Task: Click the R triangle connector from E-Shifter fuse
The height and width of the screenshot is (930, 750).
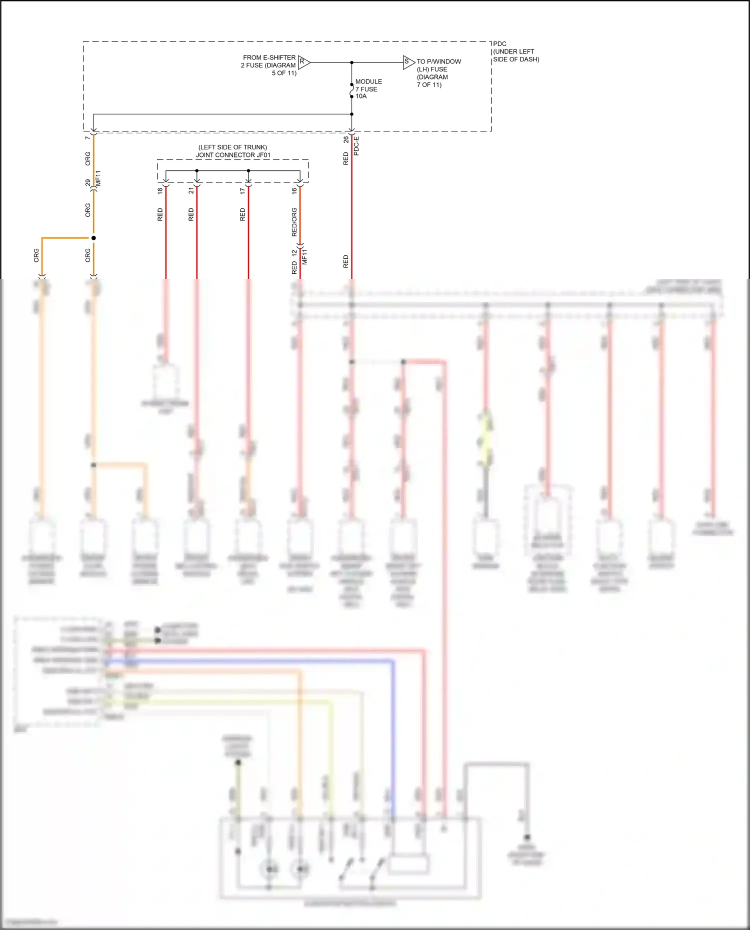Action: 303,62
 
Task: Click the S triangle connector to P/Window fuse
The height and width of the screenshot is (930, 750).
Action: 408,62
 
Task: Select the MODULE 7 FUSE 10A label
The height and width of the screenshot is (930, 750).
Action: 368,88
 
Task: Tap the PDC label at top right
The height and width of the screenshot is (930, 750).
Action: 499,44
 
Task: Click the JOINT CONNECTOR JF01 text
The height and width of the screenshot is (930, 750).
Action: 233,155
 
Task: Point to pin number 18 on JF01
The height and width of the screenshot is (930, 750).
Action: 160,190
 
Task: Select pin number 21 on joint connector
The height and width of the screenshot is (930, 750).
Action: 191,190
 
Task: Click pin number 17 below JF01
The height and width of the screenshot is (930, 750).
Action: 242,190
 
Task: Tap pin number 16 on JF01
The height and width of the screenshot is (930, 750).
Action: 294,190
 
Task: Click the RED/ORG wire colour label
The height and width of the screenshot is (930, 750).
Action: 294,222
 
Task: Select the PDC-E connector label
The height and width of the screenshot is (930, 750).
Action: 356,145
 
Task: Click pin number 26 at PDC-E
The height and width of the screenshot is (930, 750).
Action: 346,139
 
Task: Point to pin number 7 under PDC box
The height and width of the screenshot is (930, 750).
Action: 87,137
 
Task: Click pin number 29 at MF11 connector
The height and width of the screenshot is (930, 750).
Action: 88,182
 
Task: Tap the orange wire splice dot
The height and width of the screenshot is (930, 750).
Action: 93,238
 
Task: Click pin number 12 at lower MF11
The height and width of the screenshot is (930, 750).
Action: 294,253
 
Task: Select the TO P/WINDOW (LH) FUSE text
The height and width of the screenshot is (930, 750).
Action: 438,73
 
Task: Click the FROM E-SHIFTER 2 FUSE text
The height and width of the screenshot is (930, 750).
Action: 269,65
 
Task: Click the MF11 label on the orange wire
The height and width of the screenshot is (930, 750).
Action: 98,178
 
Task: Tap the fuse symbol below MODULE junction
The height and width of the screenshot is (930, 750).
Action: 351,90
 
